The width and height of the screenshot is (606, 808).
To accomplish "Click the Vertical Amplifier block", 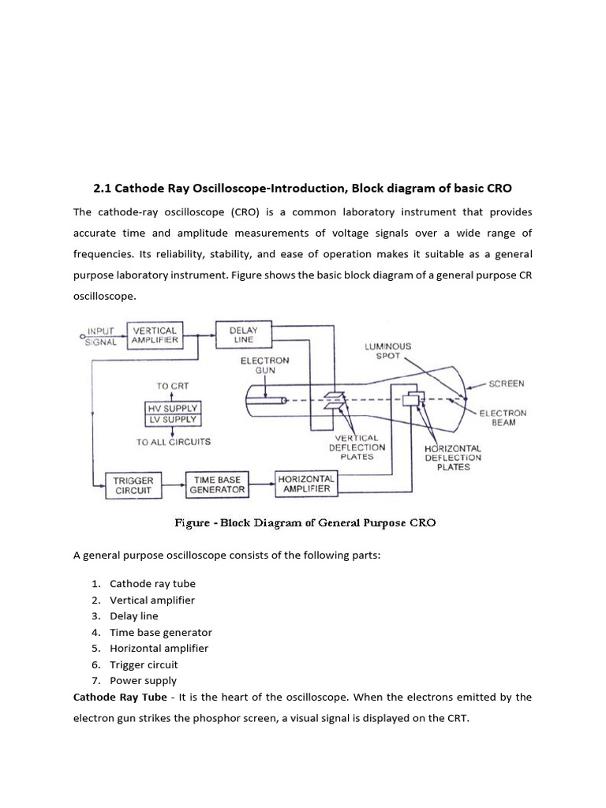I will [x=155, y=335].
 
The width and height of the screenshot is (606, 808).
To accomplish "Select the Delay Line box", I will [x=244, y=335].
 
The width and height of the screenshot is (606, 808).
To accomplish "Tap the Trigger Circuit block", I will [x=133, y=484].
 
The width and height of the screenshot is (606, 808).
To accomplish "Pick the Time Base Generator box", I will [x=217, y=484].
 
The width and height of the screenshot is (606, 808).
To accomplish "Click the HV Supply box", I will [x=170, y=407].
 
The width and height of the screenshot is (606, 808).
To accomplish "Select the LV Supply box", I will [x=170, y=420].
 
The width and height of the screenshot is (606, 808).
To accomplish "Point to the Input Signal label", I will [x=101, y=336].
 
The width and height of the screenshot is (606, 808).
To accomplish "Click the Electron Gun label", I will [x=265, y=366].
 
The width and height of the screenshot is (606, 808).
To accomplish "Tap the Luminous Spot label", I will [x=387, y=351].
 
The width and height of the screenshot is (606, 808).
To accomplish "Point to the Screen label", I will [x=507, y=383].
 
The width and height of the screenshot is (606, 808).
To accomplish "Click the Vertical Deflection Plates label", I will [x=357, y=447].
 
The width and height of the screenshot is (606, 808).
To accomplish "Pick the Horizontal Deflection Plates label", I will [x=452, y=458].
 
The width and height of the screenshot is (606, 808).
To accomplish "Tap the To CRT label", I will [x=173, y=386].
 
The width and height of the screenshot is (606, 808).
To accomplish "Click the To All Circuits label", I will [x=173, y=442].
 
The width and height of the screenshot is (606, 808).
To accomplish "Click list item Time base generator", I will [x=161, y=632].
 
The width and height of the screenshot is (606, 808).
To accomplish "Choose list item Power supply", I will [x=143, y=680].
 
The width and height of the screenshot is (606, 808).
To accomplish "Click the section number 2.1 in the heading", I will [x=103, y=189].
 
